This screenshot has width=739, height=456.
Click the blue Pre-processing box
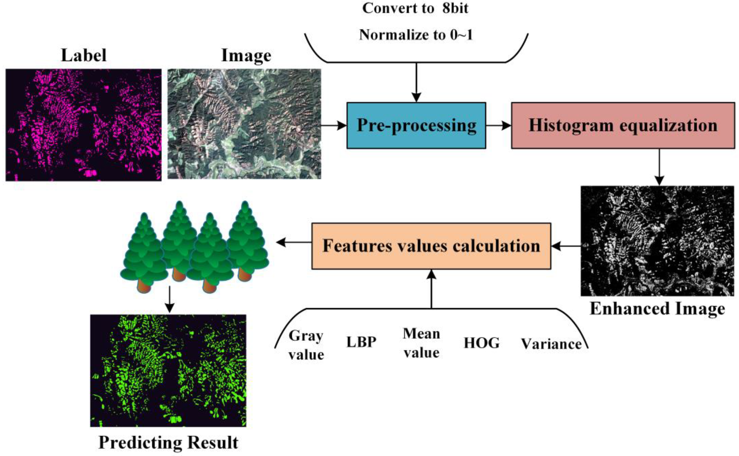click(416, 125)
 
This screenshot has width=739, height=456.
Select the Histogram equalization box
click(623, 125)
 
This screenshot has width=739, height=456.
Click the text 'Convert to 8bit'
click(415, 8)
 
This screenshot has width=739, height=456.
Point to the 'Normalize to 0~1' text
click(416, 35)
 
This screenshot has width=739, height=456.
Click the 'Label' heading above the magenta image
click(84, 55)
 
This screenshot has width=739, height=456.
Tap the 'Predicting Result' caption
click(168, 442)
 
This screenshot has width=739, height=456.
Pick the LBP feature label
click(361, 342)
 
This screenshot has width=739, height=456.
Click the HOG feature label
click(481, 343)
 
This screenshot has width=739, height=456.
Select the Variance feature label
click(551, 344)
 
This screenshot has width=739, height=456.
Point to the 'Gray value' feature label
click(306, 345)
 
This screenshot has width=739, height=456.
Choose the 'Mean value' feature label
click(421, 343)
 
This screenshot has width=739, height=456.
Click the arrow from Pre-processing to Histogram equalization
click(499, 125)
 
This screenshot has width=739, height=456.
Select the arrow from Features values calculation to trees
click(294, 242)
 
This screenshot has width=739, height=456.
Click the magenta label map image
click(83, 125)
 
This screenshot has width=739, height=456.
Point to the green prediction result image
click(168, 370)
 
